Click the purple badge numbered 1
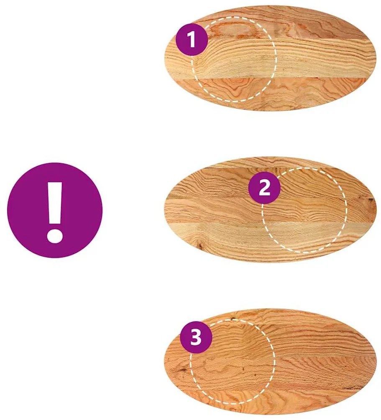pos(192,40)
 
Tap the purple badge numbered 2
pos(264,188)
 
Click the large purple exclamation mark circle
pos(55,210)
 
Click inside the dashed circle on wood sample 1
pos(234,59)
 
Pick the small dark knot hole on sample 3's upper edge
pos(232,319)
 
